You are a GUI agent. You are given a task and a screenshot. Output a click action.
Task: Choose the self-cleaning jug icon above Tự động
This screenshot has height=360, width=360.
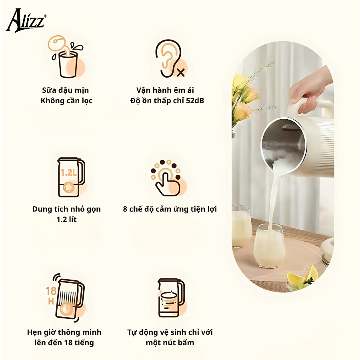pyautogui.click(x=170, y=298)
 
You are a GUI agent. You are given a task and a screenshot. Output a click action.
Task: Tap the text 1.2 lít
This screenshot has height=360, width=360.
pyautogui.click(x=66, y=220)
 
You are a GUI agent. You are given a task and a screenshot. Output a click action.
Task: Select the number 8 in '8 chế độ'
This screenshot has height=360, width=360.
pyautogui.click(x=125, y=209)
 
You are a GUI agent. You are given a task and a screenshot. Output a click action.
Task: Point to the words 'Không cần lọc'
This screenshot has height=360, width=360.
pyautogui.click(x=66, y=101)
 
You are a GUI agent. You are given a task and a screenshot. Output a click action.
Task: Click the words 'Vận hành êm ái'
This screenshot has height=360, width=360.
pyautogui.click(x=165, y=90)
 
